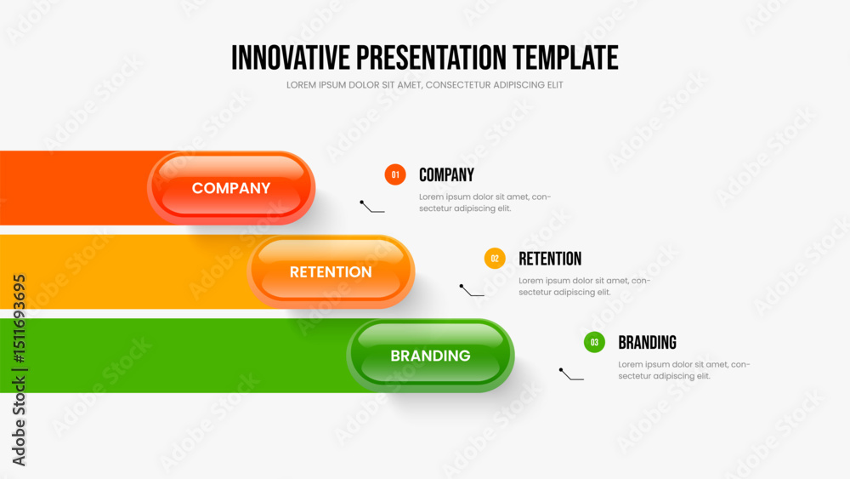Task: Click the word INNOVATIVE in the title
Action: click(291, 58)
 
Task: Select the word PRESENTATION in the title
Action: click(432, 58)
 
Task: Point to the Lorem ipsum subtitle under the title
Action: click(424, 84)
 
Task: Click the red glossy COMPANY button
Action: click(231, 188)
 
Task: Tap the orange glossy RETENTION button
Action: click(331, 271)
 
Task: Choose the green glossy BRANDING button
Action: click(430, 356)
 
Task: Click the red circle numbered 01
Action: click(395, 174)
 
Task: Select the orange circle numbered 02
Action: click(495, 259)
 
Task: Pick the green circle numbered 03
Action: click(595, 342)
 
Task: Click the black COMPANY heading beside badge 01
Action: click(447, 174)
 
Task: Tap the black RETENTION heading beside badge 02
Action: click(550, 259)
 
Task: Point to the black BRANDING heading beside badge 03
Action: click(647, 342)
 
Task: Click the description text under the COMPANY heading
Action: click(484, 202)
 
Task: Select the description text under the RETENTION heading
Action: click(585, 287)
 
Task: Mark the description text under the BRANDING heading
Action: click(684, 370)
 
